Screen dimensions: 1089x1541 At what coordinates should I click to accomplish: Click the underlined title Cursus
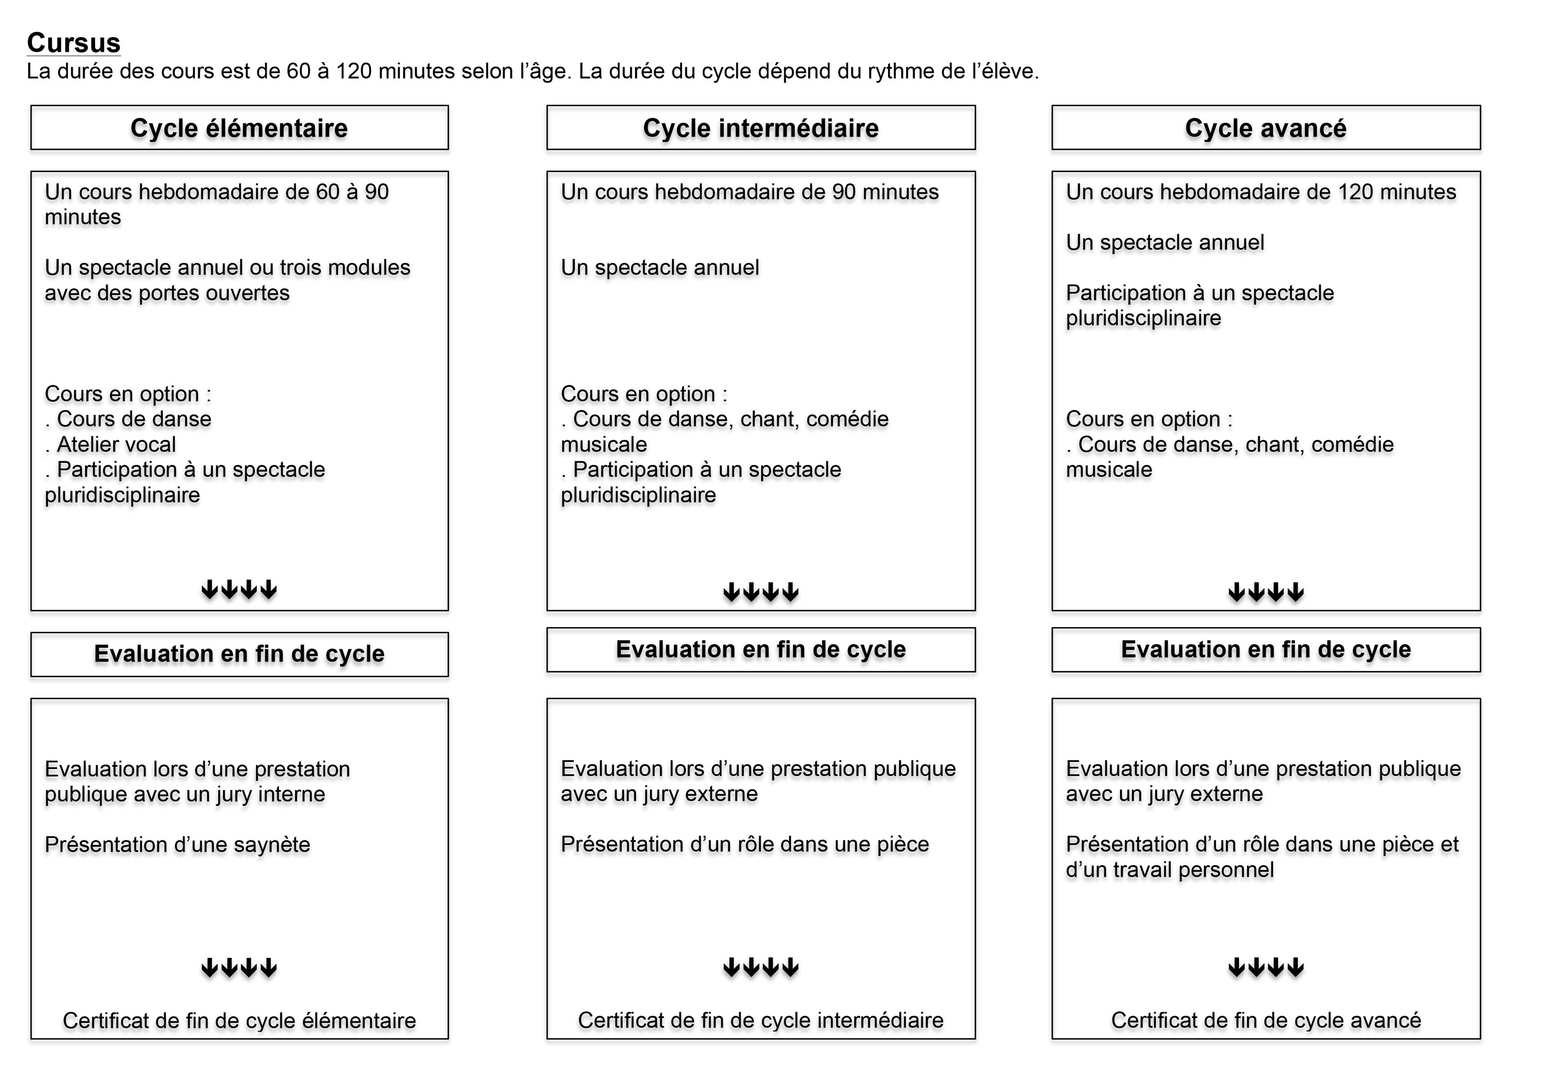click(x=74, y=43)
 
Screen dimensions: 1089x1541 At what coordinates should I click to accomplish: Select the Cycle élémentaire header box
click(x=239, y=127)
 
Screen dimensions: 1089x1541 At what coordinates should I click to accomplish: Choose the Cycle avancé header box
click(x=1265, y=127)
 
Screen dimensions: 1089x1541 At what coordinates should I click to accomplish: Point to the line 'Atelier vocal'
click(x=116, y=444)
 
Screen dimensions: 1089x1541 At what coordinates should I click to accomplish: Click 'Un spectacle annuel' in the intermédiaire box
click(x=660, y=268)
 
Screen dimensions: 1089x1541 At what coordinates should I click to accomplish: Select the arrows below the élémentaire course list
click(x=239, y=590)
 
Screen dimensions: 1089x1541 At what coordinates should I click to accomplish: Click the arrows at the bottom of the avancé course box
click(x=1266, y=592)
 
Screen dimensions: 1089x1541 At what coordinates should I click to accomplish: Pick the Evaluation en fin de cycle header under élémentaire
click(x=239, y=653)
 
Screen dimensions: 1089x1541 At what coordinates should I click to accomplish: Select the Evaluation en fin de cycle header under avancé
click(x=1265, y=649)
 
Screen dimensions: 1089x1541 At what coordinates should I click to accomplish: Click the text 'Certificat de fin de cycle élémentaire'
click(x=239, y=1021)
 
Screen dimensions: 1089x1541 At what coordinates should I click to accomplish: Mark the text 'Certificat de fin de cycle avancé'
click(x=1265, y=1021)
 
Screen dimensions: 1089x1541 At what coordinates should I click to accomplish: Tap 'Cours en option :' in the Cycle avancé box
click(x=1149, y=419)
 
